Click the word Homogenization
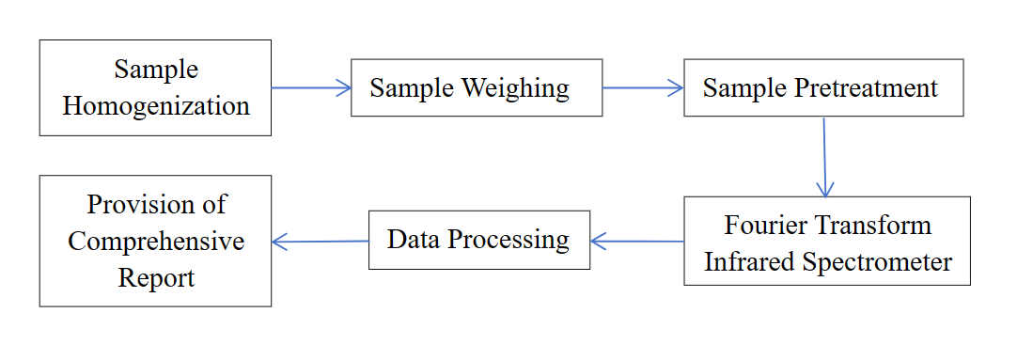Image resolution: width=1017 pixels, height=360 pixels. coord(156,105)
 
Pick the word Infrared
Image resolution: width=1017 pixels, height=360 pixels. coord(748,261)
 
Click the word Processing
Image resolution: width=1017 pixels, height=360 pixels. coord(508,240)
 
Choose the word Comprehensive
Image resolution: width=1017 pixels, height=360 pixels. coord(156,241)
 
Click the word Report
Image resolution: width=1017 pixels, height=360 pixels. coord(156,277)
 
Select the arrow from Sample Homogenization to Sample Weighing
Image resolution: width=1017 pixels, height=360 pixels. coord(311,88)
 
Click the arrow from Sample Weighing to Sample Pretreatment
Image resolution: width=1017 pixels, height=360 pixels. coord(643,88)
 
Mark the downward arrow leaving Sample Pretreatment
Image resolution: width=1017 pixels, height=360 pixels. coord(824,157)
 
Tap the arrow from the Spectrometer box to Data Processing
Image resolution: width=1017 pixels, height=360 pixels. coord(637,241)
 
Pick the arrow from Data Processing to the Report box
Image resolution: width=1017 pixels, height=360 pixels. coord(320,242)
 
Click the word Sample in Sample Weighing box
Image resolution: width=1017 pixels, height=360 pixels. coord(412,88)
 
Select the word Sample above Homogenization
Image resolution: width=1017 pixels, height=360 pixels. coord(156,70)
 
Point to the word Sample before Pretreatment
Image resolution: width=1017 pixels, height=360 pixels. coord(744,88)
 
